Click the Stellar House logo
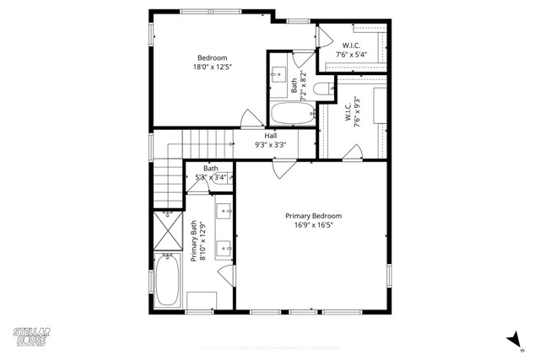(29, 335)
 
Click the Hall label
(271, 135)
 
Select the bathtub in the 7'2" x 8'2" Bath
(291, 114)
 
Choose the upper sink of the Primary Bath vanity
(225, 211)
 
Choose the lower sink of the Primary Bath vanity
(225, 248)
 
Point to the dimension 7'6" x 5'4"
(353, 55)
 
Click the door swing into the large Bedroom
(249, 119)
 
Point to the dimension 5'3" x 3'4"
(209, 177)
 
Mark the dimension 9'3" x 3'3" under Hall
(271, 144)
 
